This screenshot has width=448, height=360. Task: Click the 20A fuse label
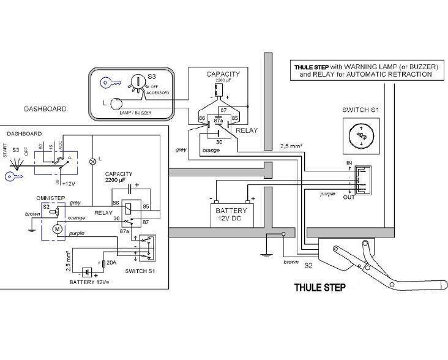coord(111,263)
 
